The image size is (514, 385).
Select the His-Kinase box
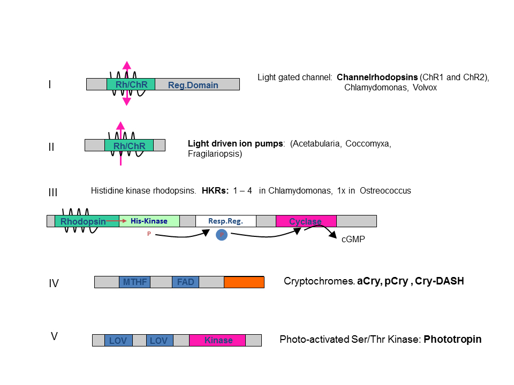point(149,221)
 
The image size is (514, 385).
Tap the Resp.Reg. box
point(225,221)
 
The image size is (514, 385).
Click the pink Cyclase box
point(306,221)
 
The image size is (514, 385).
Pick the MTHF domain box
point(134,282)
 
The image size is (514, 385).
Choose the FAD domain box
point(185,282)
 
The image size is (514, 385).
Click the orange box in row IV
point(244,282)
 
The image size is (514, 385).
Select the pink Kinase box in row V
point(217,340)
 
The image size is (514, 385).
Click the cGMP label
point(353,240)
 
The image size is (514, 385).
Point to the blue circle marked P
point(222,235)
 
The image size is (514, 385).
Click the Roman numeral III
point(52,192)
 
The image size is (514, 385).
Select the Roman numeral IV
point(54,283)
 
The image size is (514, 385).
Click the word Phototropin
point(452,339)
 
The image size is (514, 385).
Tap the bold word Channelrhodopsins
point(377,77)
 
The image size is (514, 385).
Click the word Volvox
point(425,87)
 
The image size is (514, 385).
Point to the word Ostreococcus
point(385,190)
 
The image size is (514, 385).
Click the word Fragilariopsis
point(215,154)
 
